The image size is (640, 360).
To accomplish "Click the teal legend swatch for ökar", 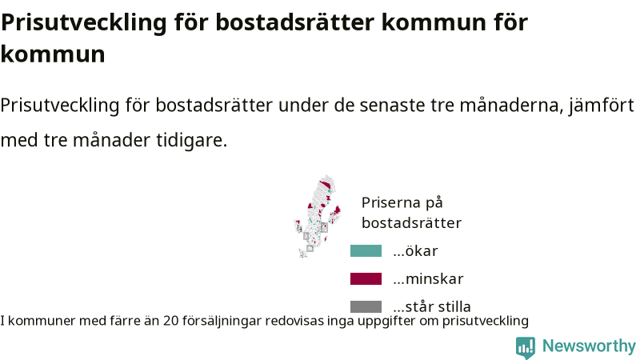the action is pyautogui.click(x=366, y=250).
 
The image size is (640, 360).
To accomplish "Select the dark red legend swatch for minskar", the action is pyautogui.click(x=366, y=278).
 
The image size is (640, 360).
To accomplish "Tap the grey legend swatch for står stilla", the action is pyautogui.click(x=366, y=306).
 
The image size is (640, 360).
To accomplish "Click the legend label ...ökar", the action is pyautogui.click(x=415, y=250).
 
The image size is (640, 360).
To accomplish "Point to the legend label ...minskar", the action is pyautogui.click(x=428, y=278).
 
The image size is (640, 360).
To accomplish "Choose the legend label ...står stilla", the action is pyautogui.click(x=432, y=306).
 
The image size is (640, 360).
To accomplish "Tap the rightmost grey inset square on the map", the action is pyautogui.click(x=324, y=227).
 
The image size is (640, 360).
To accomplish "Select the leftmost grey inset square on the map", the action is pyautogui.click(x=306, y=236).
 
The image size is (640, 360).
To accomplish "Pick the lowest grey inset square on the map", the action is pyautogui.click(x=310, y=248).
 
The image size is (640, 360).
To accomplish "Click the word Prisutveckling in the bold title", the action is pyautogui.click(x=84, y=22).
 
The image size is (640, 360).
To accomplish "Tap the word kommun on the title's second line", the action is pyautogui.click(x=53, y=54).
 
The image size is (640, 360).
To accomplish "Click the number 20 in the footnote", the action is pyautogui.click(x=171, y=321).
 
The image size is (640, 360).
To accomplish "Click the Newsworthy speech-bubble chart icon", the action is pyautogui.click(x=526, y=347).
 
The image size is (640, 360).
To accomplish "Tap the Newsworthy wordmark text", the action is pyautogui.click(x=589, y=346).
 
